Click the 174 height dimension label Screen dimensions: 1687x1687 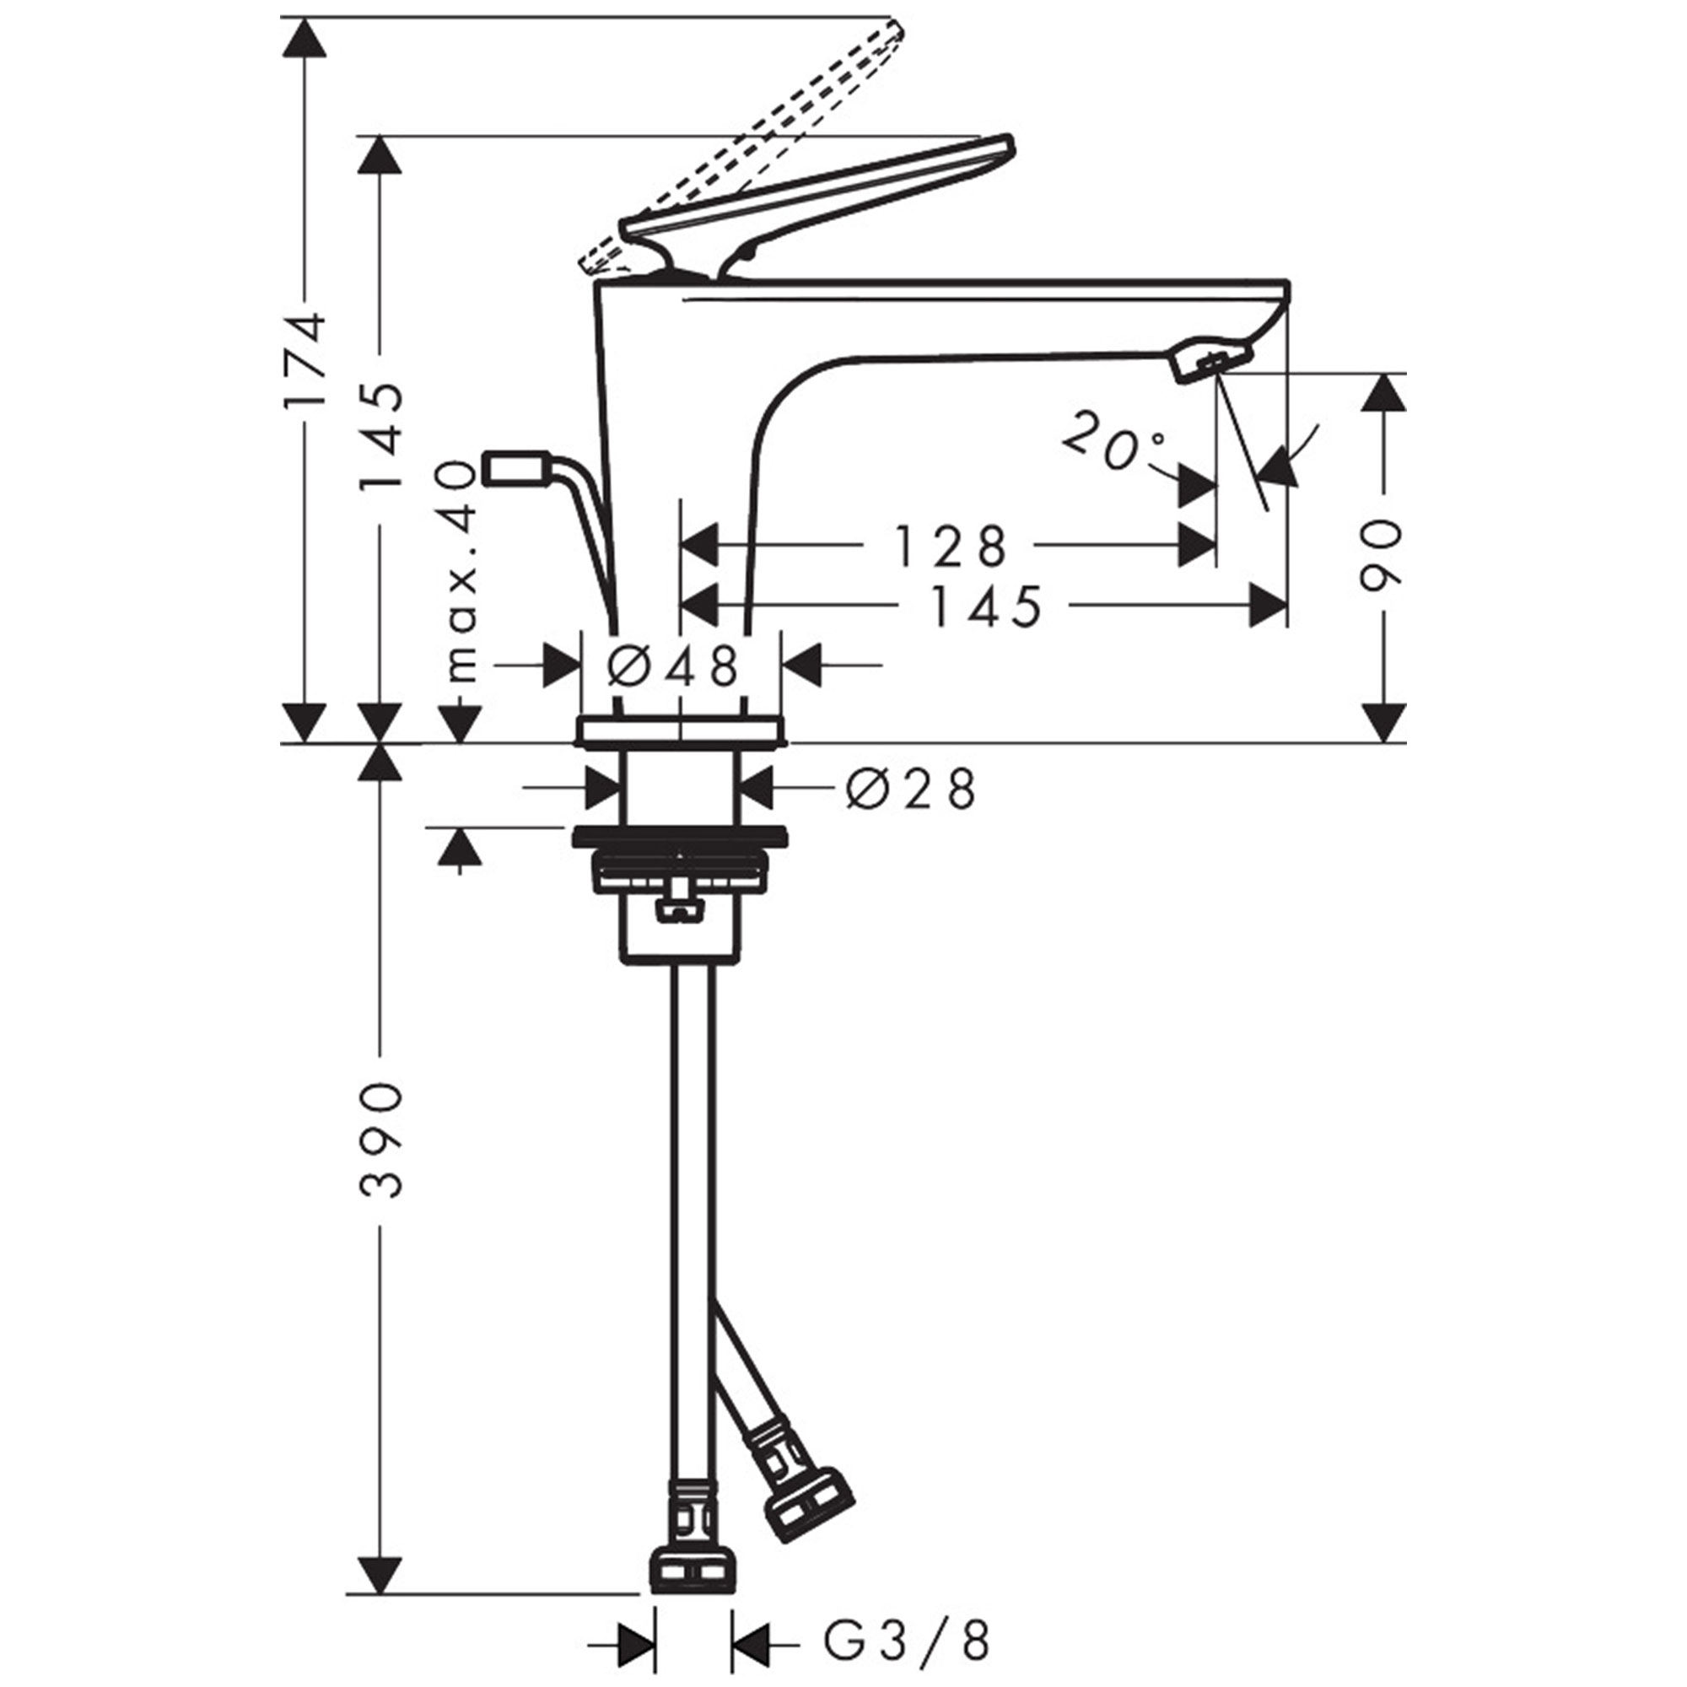306,358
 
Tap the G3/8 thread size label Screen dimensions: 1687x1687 908,1641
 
